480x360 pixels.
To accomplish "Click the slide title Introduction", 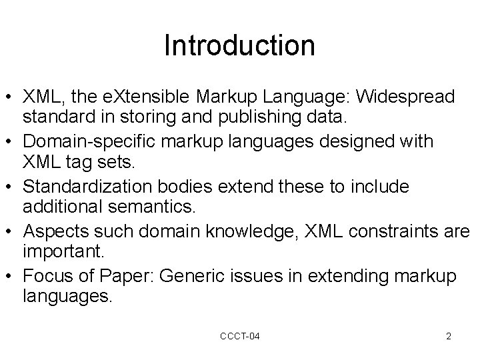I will point(239,45).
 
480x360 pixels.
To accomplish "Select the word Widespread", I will point(406,97).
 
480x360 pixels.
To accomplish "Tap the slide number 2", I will point(449,336).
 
